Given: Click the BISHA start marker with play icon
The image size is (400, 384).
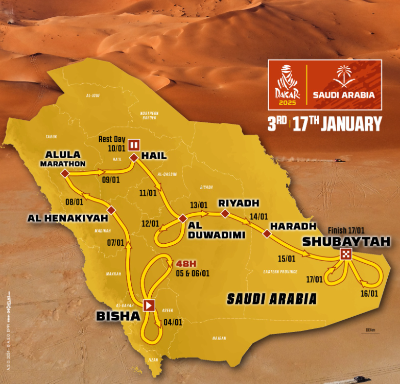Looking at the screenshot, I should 149,305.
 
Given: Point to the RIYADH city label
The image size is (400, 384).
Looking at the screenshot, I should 236,203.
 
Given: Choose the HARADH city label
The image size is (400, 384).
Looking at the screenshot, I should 290,226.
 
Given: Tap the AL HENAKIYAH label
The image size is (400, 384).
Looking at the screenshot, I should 68,218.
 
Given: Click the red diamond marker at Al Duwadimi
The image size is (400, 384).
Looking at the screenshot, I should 183,219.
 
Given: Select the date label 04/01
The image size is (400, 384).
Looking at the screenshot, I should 173,322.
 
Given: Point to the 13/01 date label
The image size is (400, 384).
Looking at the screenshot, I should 199,205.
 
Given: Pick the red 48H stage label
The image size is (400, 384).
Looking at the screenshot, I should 186,264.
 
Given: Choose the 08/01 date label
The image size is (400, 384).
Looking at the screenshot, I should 75,202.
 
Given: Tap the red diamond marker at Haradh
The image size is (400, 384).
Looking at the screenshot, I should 267,234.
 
